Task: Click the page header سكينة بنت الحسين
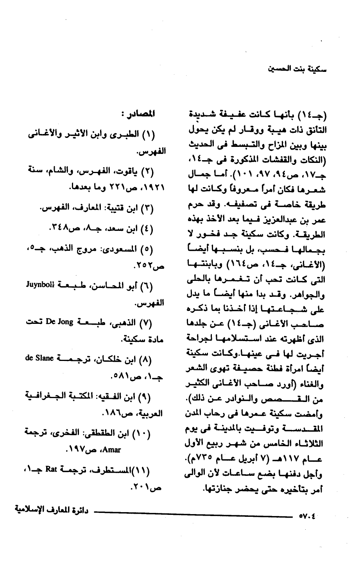297,69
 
